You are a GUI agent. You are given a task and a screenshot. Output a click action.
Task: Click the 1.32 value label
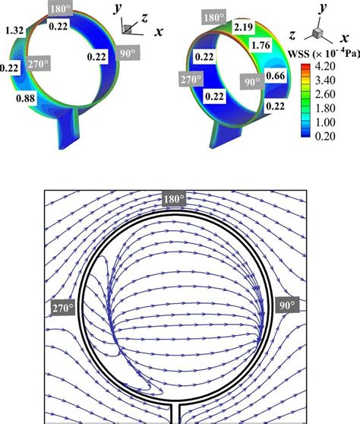click(14, 30)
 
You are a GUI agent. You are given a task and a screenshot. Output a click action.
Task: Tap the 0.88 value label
click(25, 98)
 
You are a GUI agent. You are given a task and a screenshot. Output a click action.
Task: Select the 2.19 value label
click(244, 27)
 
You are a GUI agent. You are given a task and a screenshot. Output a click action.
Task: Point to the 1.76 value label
click(261, 45)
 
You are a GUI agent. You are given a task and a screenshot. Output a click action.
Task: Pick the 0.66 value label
click(275, 76)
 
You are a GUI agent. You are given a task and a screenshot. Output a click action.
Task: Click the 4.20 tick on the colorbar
click(325, 66)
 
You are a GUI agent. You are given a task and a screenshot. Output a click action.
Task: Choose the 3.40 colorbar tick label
click(325, 81)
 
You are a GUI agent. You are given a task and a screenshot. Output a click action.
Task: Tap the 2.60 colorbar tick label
click(325, 94)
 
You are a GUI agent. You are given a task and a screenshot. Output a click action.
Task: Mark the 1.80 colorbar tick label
click(325, 108)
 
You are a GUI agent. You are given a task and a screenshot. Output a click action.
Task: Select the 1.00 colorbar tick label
click(325, 122)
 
